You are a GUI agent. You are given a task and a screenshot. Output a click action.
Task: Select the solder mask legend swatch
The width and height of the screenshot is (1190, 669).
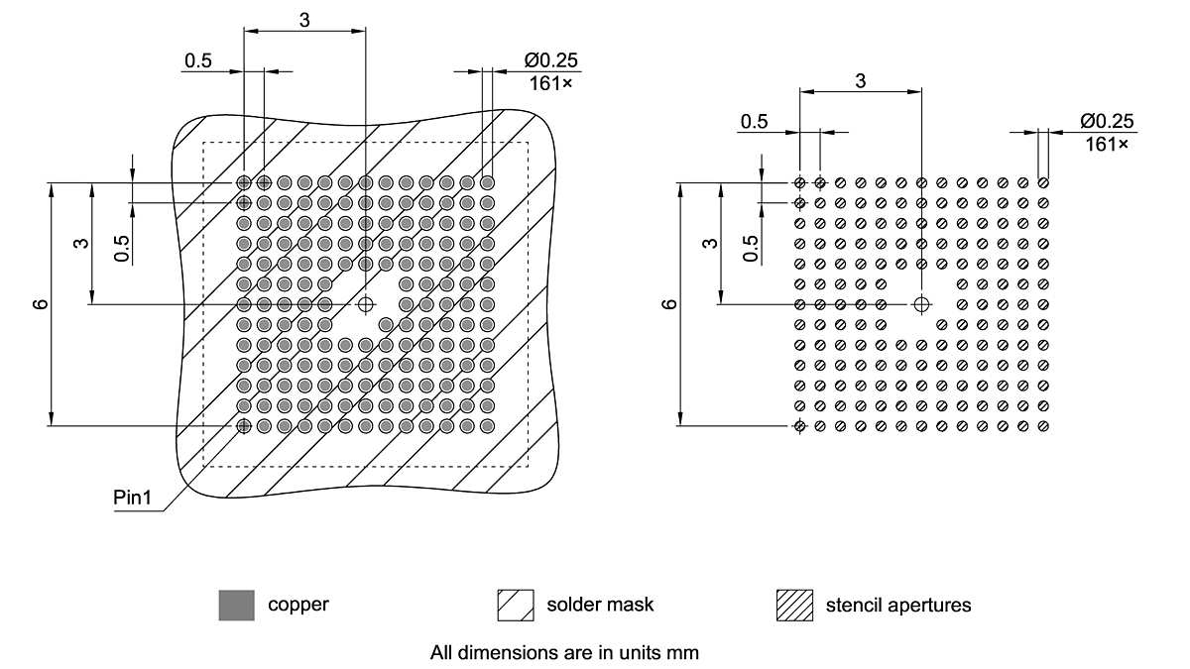[514, 605]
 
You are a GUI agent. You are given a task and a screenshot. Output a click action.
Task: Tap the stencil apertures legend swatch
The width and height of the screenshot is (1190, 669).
[795, 605]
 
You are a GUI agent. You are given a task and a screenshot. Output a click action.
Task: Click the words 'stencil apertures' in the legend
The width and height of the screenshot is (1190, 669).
[898, 605]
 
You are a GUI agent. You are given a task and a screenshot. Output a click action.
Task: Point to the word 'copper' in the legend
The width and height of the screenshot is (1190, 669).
[297, 604]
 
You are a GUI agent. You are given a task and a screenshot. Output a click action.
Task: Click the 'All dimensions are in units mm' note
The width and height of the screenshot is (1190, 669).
[565, 653]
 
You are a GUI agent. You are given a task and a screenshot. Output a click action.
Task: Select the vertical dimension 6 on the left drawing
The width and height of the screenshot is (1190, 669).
[41, 303]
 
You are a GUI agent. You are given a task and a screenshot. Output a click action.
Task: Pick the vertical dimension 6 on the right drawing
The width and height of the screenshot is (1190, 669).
[670, 303]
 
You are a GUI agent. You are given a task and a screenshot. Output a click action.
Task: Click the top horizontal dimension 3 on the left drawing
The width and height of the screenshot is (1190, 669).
[303, 18]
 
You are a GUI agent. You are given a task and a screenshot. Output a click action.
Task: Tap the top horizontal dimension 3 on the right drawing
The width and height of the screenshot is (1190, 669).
[860, 81]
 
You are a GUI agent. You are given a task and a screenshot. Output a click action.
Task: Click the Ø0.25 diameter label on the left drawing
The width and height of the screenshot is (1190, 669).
[550, 60]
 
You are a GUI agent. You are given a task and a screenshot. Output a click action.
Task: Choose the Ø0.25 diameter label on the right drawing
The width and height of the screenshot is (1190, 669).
[1107, 121]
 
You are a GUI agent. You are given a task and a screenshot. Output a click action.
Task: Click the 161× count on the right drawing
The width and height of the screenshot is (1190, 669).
[1108, 145]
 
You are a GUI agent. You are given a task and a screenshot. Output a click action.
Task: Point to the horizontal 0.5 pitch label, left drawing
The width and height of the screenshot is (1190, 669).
[197, 60]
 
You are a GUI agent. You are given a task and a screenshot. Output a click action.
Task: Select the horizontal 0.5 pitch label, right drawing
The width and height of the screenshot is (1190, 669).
[754, 121]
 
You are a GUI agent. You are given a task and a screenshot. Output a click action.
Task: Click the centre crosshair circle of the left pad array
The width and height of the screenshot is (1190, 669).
[366, 303]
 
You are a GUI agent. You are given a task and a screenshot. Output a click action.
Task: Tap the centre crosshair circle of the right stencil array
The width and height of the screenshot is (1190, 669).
[921, 303]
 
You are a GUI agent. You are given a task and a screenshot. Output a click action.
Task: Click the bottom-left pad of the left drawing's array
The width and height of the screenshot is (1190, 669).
[244, 425]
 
